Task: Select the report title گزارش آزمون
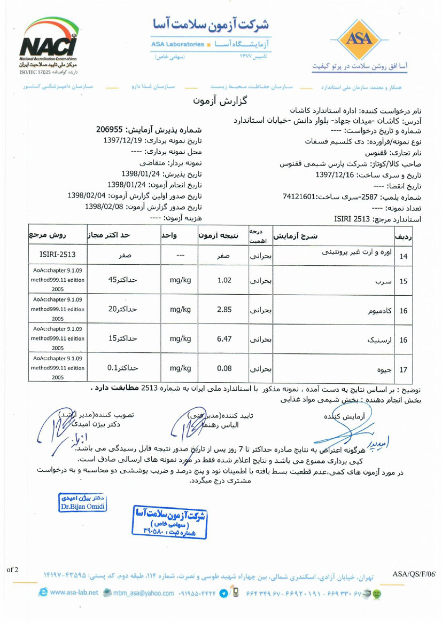(221, 101)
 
